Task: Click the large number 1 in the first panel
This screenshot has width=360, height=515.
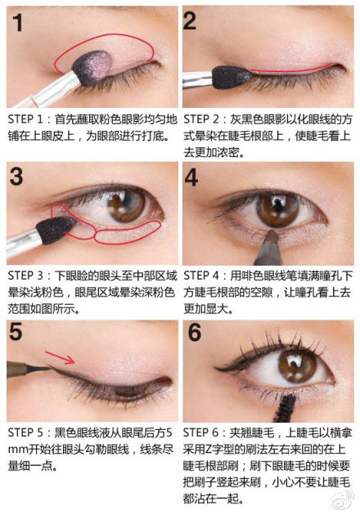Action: pos(17,22)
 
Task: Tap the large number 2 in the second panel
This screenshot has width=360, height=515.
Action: pos(190,21)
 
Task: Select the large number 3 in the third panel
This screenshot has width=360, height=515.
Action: pos(16,177)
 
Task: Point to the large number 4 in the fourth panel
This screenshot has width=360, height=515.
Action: pos(191,177)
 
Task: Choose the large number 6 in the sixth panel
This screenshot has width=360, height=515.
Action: pos(195,332)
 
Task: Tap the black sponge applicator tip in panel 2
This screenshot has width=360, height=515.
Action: pos(232,78)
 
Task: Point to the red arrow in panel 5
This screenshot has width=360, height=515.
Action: pos(60,358)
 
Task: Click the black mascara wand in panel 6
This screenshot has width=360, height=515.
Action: pos(283,408)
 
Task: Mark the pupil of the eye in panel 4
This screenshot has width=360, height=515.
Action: pos(278,208)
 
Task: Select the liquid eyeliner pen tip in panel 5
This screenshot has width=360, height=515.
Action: pos(39,369)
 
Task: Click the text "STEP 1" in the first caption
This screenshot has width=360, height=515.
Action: pos(25,119)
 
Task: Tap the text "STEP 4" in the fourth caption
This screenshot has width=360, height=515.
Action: pos(201,275)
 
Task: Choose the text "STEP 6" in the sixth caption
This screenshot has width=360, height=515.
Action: pos(201,432)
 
